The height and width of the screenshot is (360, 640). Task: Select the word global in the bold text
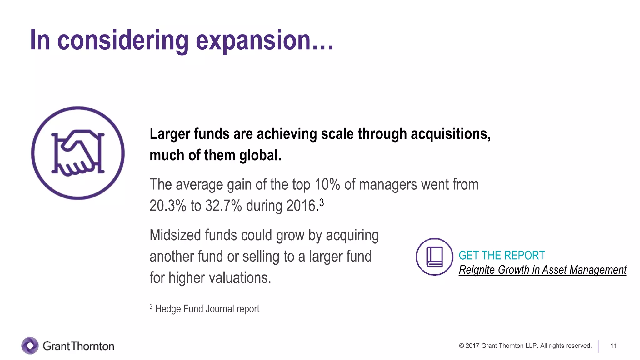260,155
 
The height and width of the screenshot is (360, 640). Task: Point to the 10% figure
327,184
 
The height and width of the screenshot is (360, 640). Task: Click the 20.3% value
167,206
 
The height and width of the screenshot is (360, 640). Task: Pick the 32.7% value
223,206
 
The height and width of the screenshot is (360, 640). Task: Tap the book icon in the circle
434,257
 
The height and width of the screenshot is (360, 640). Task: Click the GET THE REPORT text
502,256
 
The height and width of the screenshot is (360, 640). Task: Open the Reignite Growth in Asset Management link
542,270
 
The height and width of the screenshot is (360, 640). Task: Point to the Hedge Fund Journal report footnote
207,309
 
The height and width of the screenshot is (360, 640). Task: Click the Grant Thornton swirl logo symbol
30,346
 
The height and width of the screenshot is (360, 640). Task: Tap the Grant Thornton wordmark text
78,346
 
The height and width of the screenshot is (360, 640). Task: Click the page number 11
613,346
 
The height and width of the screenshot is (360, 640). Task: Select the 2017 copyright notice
525,346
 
